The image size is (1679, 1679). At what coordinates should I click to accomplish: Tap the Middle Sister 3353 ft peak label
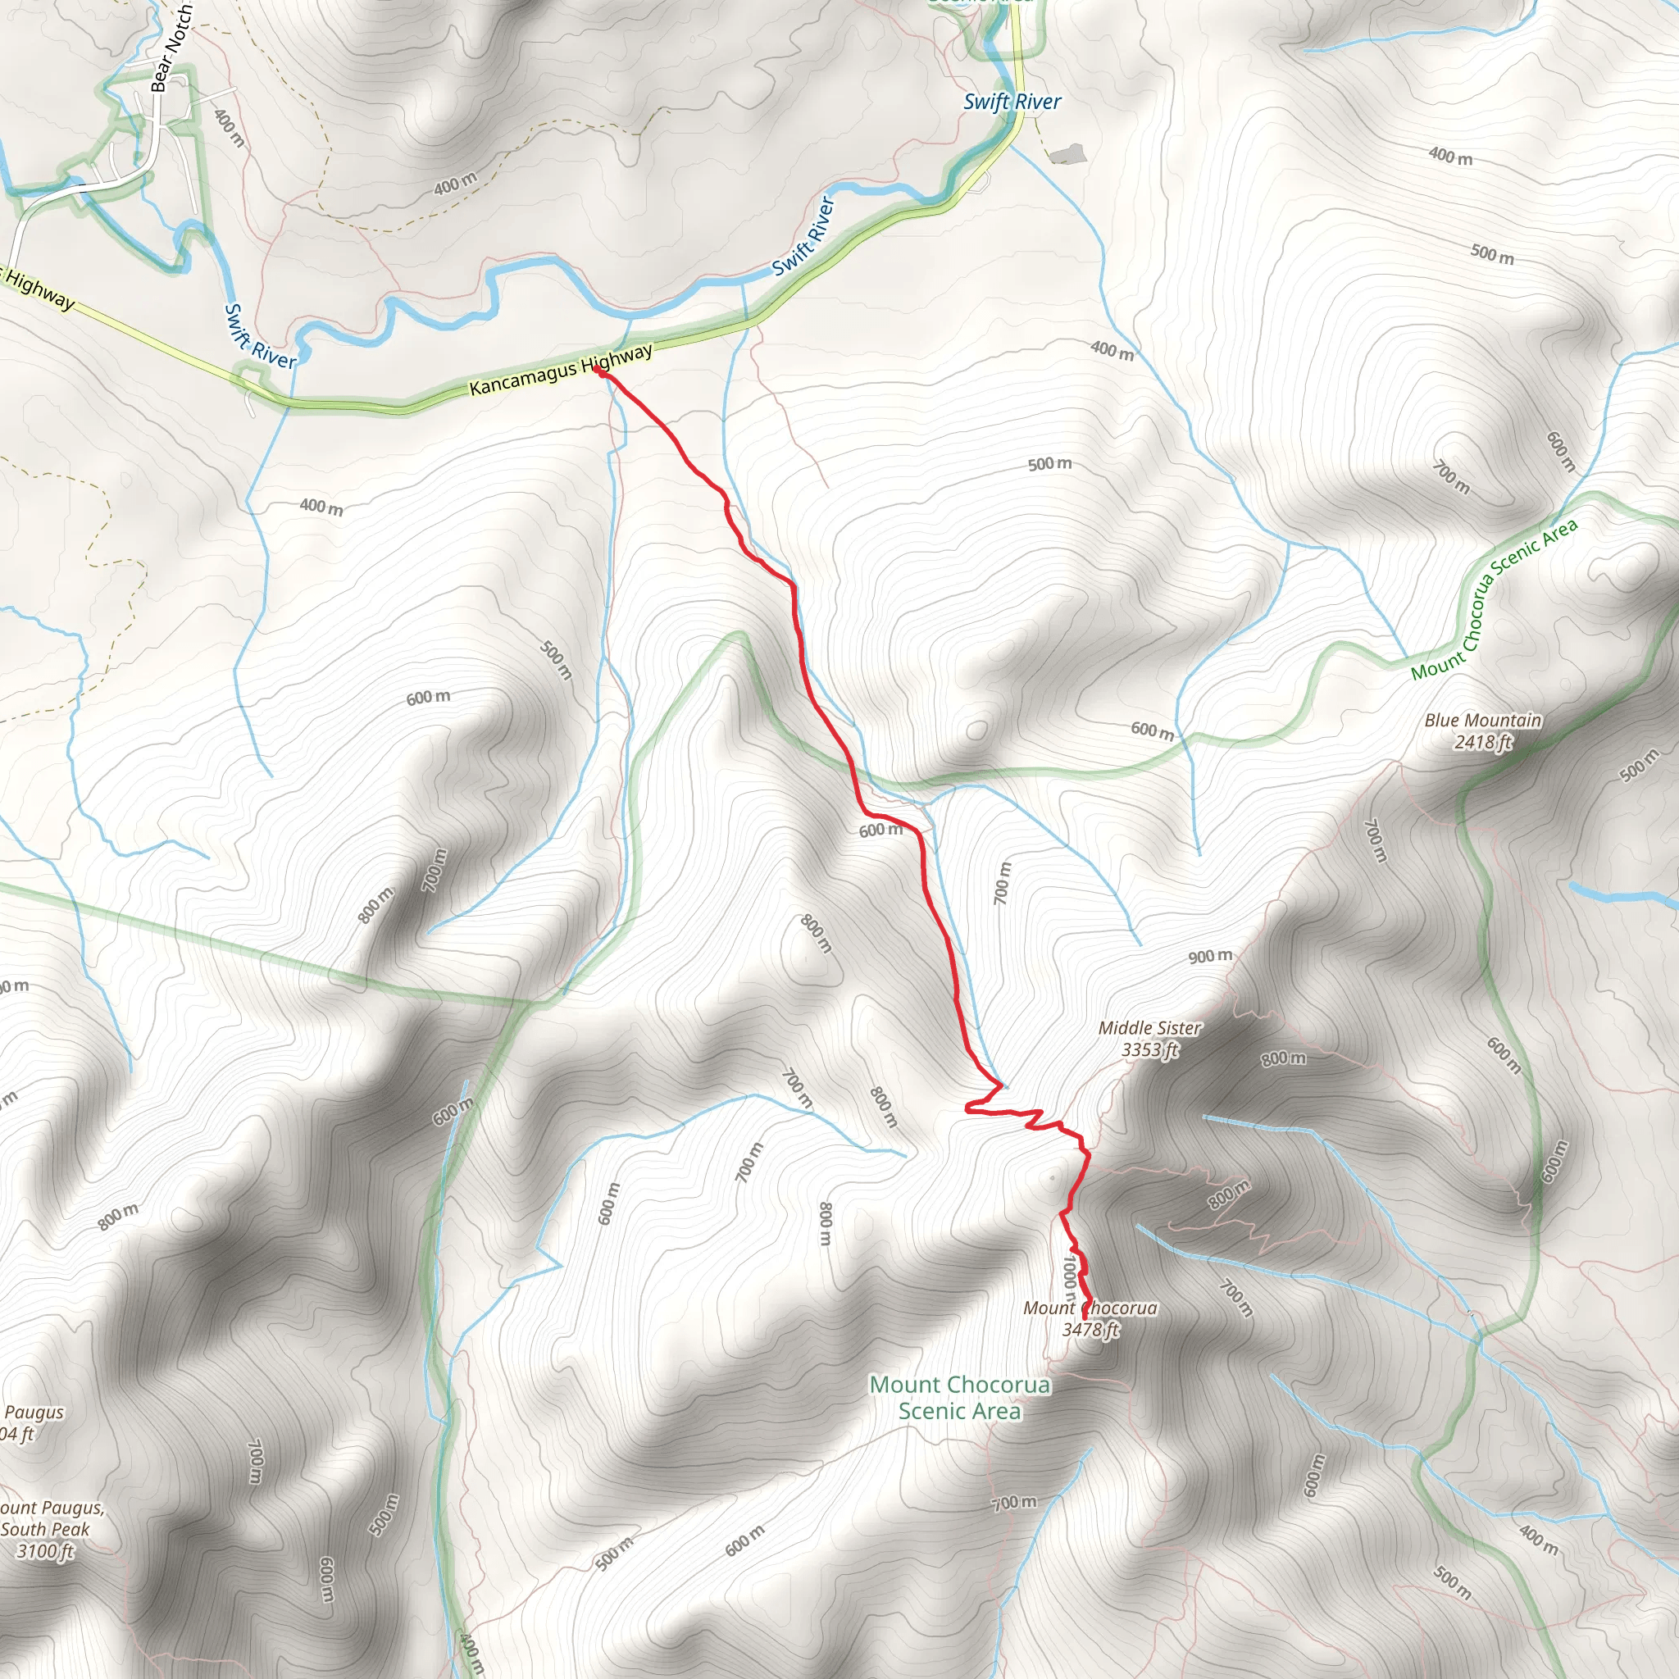(1149, 1039)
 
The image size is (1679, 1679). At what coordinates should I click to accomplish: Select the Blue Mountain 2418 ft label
(1482, 730)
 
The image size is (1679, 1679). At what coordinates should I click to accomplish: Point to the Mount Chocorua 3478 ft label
(1090, 1318)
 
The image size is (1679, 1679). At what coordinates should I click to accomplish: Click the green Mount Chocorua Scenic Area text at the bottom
(959, 1398)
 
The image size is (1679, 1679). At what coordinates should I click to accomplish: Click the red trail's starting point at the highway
(598, 370)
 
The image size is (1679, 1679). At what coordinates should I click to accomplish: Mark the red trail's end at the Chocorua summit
(1085, 1318)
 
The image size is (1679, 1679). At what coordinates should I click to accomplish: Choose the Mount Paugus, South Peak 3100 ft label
(50, 1530)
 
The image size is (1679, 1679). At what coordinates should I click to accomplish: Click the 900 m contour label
(1210, 957)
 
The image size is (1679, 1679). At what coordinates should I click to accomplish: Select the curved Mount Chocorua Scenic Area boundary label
(1493, 599)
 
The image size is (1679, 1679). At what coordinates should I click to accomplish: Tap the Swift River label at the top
(1012, 102)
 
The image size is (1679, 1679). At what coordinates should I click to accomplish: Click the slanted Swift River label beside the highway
(804, 235)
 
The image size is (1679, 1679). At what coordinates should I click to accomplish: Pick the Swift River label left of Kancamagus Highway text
(259, 337)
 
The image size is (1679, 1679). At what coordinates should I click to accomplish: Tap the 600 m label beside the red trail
(880, 830)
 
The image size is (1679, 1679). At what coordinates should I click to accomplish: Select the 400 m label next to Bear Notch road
(229, 127)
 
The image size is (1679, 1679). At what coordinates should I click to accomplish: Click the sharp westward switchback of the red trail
(968, 1107)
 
